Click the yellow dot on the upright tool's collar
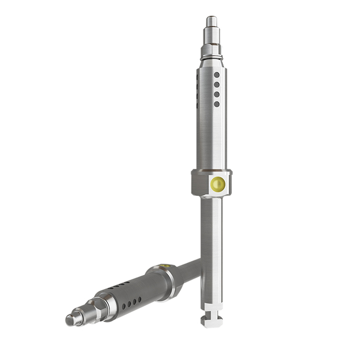click(217, 184)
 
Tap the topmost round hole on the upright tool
click(217, 75)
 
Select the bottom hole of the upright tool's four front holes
click(217, 104)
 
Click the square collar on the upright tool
click(211, 183)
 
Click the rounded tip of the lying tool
click(71, 319)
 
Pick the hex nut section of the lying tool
click(100, 306)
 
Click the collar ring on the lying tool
click(167, 283)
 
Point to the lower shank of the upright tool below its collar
click(211, 251)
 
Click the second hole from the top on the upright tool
click(217, 84)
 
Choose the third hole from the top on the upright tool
click(217, 94)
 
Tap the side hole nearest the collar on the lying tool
click(139, 300)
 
